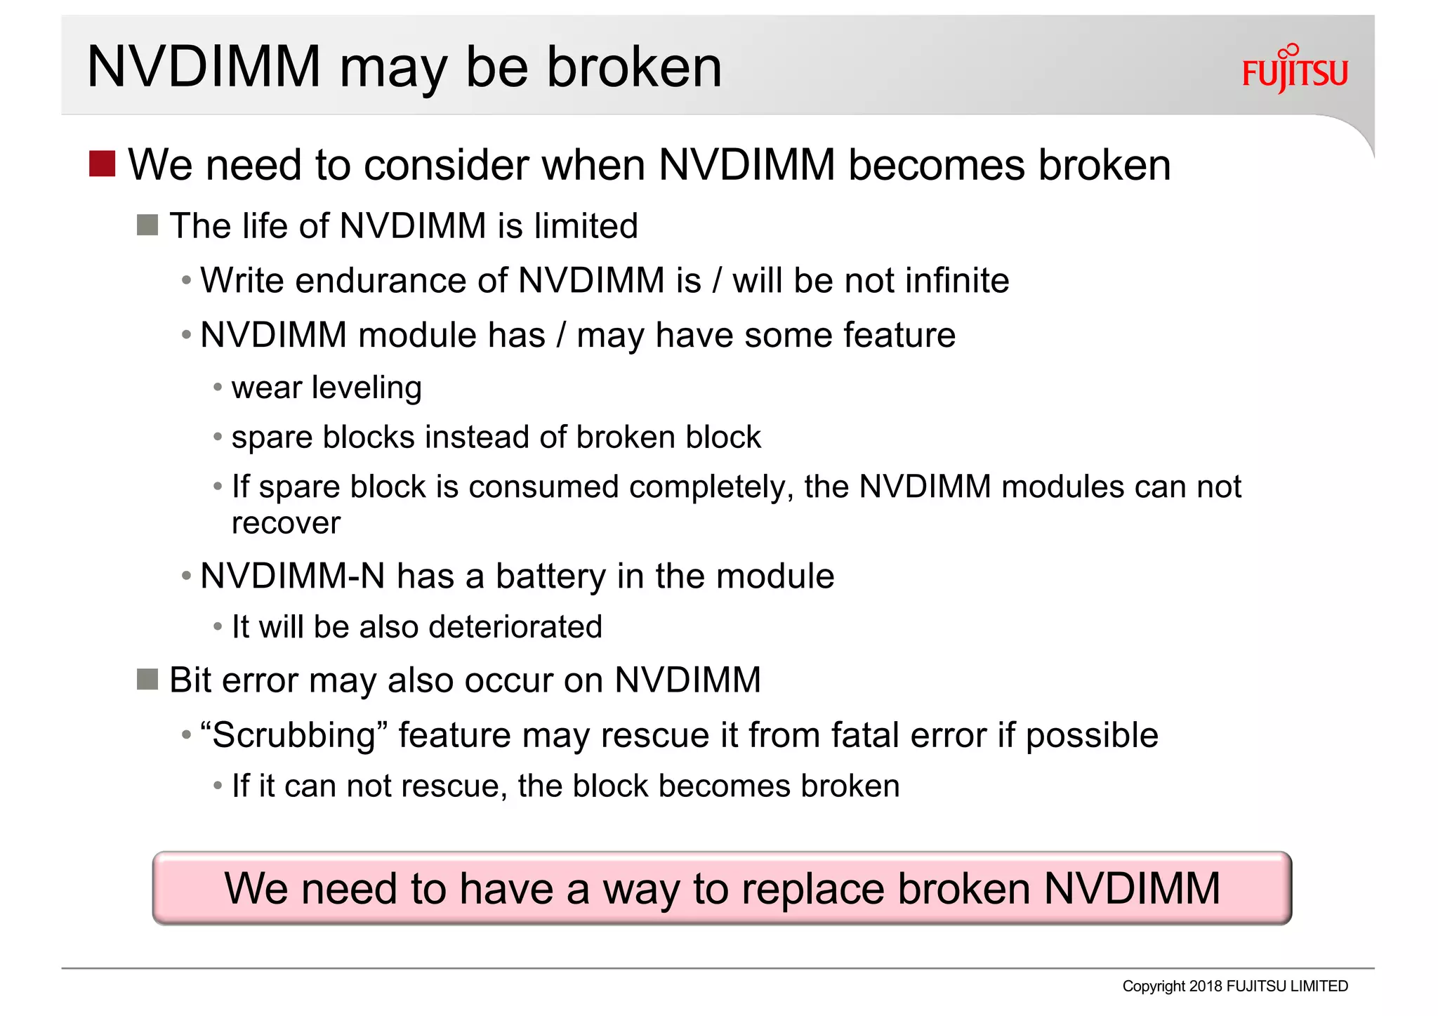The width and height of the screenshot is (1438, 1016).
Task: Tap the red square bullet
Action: tap(102, 164)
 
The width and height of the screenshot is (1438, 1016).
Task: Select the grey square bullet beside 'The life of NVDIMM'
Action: tap(147, 225)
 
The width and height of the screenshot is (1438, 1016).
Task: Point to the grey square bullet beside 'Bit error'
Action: tap(147, 680)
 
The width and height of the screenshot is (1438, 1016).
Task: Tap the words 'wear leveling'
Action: tap(326, 388)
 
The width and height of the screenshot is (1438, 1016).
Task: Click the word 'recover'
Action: tap(286, 524)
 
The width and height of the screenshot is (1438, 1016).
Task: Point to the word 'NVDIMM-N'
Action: tap(292, 576)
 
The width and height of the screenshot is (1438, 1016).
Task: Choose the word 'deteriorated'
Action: tap(515, 627)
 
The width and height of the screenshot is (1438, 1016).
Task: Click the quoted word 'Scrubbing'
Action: tap(293, 736)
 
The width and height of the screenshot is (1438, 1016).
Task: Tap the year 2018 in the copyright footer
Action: tap(1206, 987)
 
